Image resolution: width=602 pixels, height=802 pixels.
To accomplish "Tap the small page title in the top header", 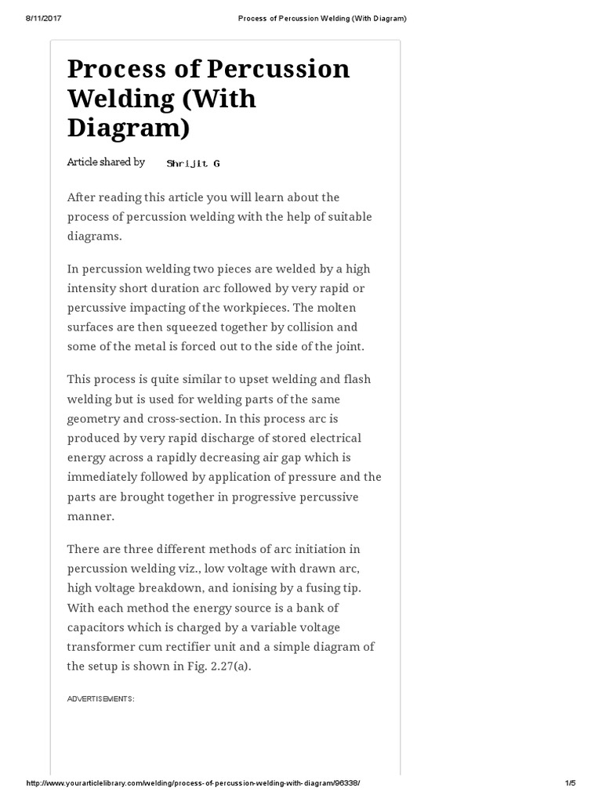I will click(x=322, y=18).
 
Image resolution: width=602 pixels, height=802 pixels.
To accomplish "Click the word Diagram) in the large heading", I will click(x=129, y=128).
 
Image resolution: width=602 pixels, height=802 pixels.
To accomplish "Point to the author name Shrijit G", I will click(x=194, y=163).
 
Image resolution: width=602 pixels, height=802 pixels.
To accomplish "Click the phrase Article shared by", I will click(x=106, y=162).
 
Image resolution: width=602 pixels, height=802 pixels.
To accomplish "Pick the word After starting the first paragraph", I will click(x=84, y=197).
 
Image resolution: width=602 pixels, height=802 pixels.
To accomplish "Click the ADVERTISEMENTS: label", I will click(x=100, y=699).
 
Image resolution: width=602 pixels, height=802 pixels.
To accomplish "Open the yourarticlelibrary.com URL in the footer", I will click(x=193, y=783).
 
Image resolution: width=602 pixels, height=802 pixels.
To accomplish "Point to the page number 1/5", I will click(x=570, y=783).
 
